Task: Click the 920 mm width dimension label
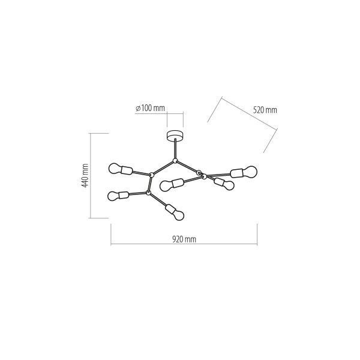(184, 239)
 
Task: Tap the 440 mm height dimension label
(85, 176)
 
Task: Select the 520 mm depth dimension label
(265, 110)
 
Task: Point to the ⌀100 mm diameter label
(150, 108)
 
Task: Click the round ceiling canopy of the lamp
(175, 136)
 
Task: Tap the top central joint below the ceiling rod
(175, 161)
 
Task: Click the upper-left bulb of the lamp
(115, 168)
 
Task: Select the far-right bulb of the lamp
(250, 172)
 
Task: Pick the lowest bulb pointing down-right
(178, 215)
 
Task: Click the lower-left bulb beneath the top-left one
(113, 196)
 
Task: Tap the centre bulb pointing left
(166, 186)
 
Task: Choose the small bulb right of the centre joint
(229, 185)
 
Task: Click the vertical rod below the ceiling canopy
(175, 149)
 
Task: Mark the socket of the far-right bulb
(237, 173)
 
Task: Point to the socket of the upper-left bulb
(127, 170)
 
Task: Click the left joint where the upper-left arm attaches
(152, 175)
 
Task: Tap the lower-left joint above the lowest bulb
(148, 193)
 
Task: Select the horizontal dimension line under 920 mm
(184, 244)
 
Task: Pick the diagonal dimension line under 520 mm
(250, 113)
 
